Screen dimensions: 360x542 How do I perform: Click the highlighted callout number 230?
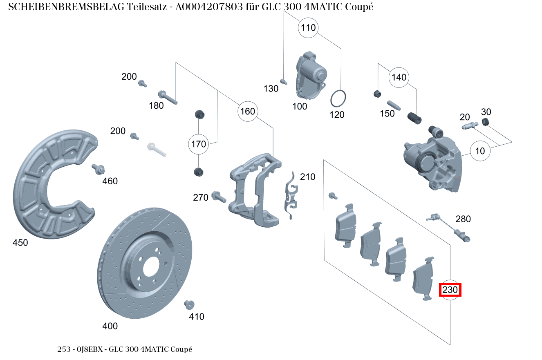(x=450, y=290)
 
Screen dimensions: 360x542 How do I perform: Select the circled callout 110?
(x=309, y=28)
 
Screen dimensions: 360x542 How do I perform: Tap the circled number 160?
(x=247, y=112)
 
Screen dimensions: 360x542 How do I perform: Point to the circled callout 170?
(x=198, y=144)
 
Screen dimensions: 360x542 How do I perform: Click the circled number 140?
(x=399, y=77)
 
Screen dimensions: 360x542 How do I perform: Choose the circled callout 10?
(x=480, y=151)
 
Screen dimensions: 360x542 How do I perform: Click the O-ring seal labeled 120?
(x=338, y=98)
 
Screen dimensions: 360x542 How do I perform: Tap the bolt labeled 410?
(x=189, y=304)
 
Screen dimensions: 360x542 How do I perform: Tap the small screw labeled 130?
(x=282, y=81)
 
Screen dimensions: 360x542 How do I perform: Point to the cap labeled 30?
(x=486, y=122)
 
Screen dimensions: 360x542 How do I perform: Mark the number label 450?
(x=20, y=243)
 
